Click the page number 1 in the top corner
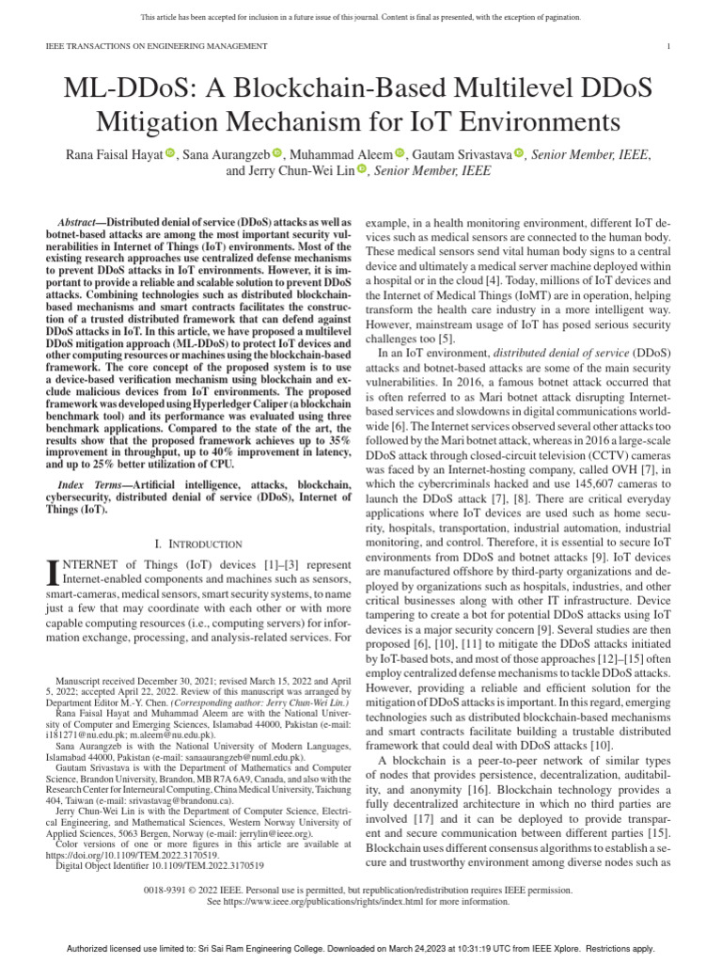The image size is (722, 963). [x=667, y=46]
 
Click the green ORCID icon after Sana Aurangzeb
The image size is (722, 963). [x=277, y=152]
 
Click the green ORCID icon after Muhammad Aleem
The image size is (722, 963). [x=400, y=152]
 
